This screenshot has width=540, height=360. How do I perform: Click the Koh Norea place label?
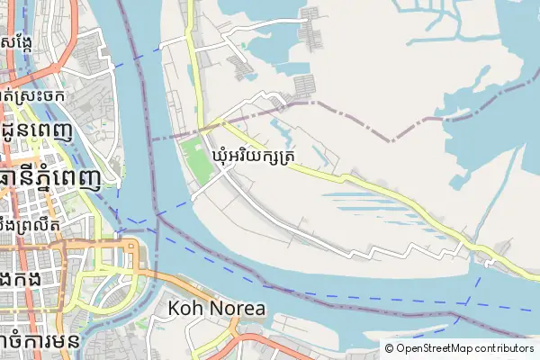(x=217, y=309)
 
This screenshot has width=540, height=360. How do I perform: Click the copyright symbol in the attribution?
(x=389, y=347)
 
